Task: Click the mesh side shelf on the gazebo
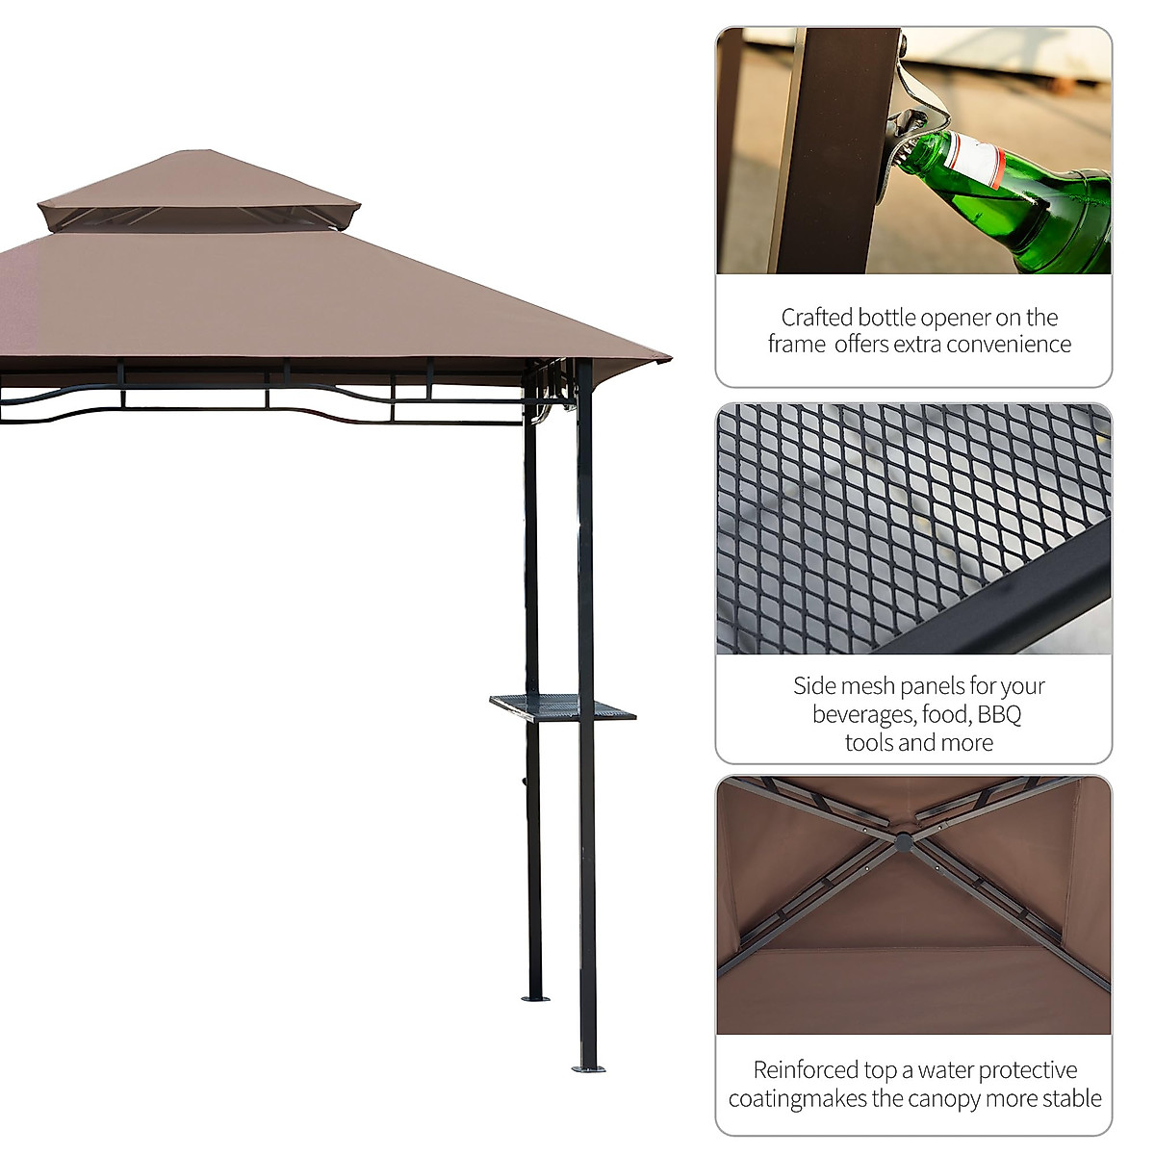pos(562,708)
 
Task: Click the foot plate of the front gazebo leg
pos(588,1067)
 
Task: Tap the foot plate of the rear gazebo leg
pos(535,998)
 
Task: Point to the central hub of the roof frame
pos(903,842)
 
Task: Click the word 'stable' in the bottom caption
pos(1069,1098)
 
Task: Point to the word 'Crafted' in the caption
pos(816,318)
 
